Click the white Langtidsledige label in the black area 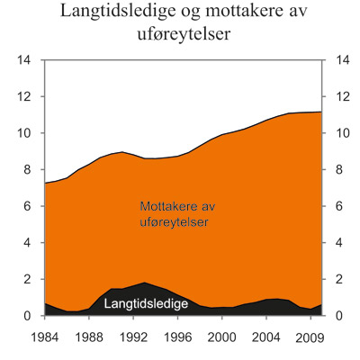146,304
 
